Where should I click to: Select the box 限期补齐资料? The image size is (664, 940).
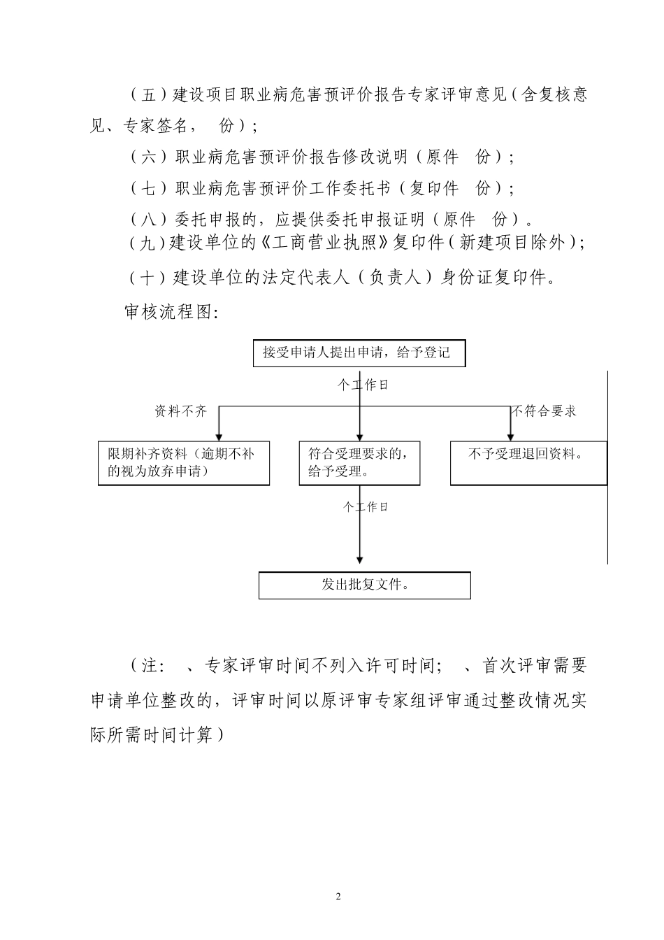point(184,463)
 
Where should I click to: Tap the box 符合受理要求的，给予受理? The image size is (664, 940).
point(359,463)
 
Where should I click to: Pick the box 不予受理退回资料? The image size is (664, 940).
point(528,463)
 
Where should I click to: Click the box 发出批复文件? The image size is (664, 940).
point(364,585)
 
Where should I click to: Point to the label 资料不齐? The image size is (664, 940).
point(181,412)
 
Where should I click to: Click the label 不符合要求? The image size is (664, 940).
point(544,412)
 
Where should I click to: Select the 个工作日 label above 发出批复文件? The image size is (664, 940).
point(366,507)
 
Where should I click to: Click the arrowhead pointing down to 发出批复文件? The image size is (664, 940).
point(360,560)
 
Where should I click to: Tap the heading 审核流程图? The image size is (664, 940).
point(171,312)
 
